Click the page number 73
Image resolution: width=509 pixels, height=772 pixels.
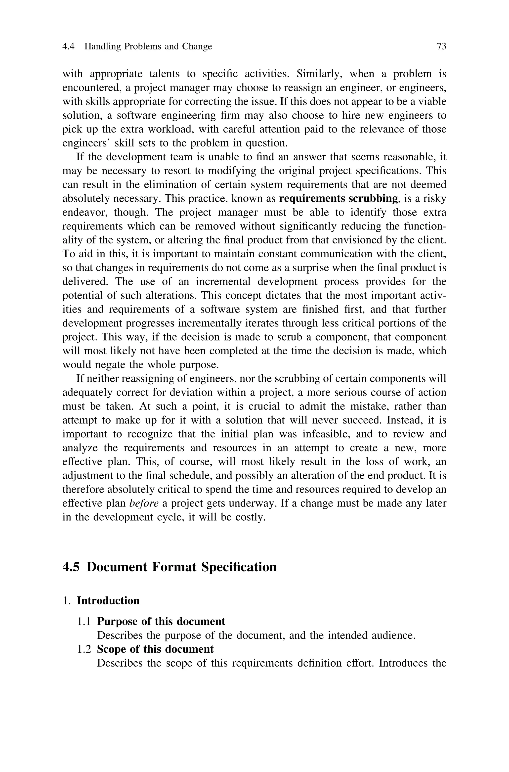441,46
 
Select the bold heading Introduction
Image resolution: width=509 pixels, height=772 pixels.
108,601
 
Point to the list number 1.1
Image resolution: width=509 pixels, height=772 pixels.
84,621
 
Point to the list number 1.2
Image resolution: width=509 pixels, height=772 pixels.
84,649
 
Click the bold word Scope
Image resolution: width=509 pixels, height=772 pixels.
111,649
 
